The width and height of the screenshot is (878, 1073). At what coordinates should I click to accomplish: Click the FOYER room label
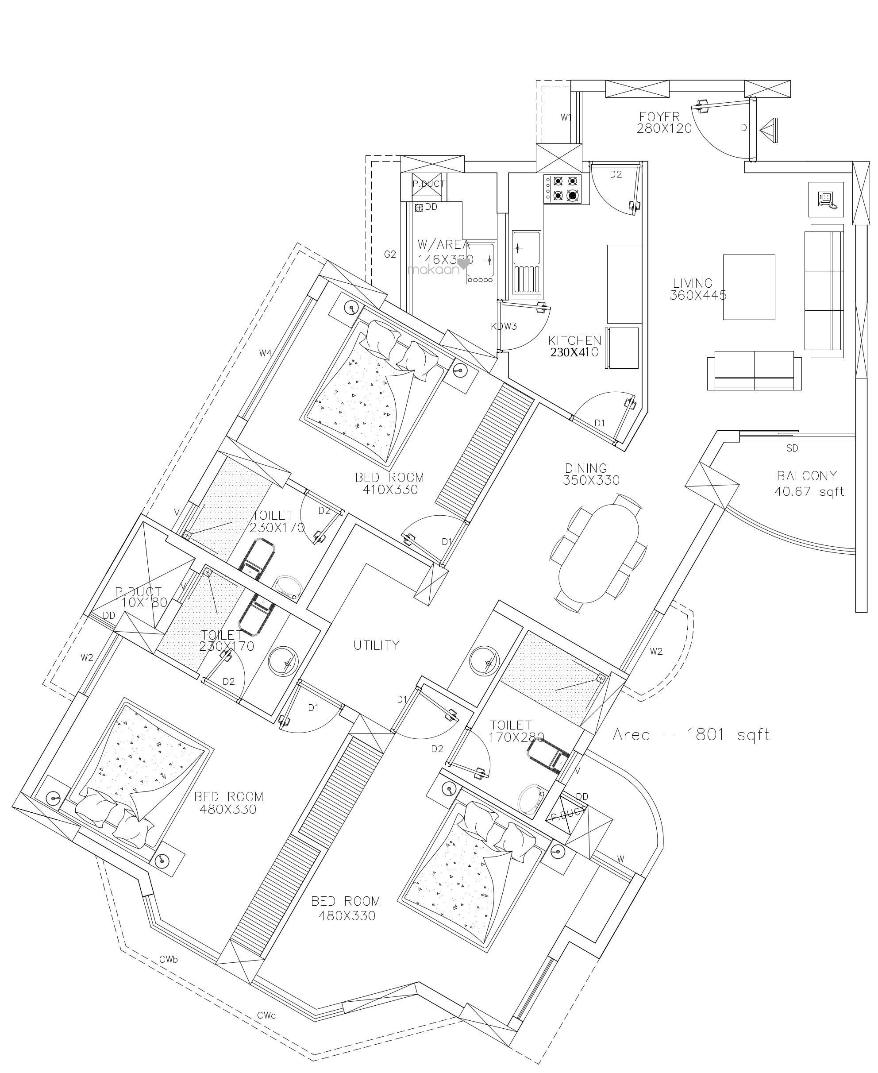(x=659, y=117)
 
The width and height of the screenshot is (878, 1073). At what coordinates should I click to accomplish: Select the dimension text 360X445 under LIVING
(x=698, y=295)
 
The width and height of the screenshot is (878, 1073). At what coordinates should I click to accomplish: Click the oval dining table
(x=599, y=553)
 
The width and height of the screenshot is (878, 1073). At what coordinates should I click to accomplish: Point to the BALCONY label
(x=807, y=475)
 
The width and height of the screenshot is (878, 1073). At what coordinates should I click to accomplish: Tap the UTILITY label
(x=376, y=645)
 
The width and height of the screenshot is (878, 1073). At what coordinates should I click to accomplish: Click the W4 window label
(x=266, y=353)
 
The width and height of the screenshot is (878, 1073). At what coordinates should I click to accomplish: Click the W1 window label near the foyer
(x=566, y=118)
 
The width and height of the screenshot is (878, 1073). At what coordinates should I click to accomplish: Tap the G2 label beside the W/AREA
(x=389, y=255)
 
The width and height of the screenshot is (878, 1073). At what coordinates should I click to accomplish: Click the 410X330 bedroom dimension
(x=390, y=490)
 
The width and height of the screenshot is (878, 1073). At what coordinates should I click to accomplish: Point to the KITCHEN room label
(x=574, y=340)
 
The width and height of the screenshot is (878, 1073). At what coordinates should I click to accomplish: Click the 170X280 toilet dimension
(x=516, y=737)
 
